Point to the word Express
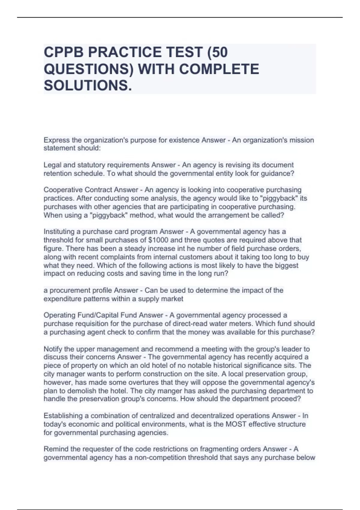tap(56, 140)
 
